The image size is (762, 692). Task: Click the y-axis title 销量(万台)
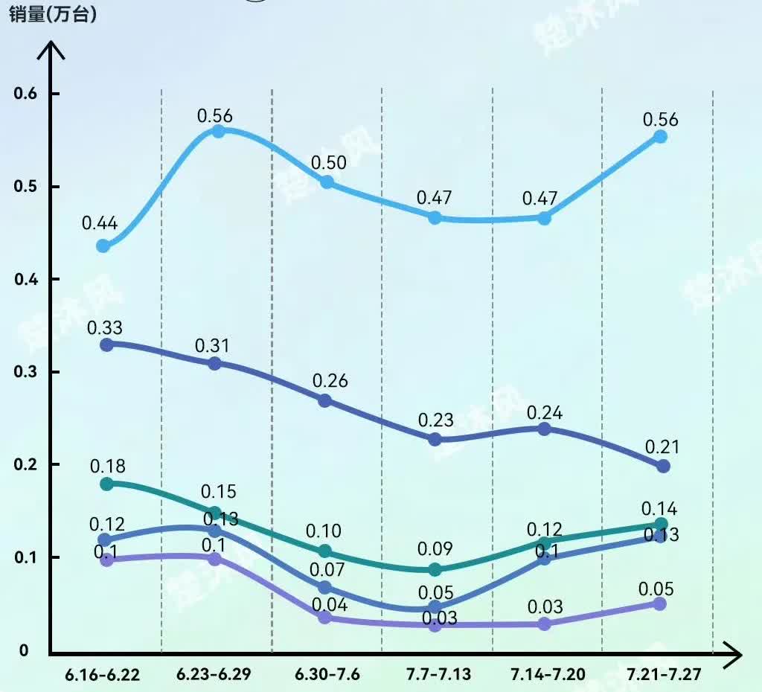pos(54,16)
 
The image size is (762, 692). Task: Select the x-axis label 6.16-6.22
pos(103,675)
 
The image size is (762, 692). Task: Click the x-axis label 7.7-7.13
pos(438,675)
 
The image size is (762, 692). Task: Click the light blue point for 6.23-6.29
pos(219,132)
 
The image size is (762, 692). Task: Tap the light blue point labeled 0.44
pos(103,246)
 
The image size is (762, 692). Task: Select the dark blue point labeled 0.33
pos(106,345)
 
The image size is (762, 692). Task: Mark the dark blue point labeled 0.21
pos(663,466)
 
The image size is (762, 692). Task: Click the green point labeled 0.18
pos(106,484)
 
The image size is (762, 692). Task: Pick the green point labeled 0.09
pos(435,570)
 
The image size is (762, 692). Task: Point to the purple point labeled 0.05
pos(659,603)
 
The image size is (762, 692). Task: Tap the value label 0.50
pos(328,162)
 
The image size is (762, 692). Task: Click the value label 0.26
pos(330,381)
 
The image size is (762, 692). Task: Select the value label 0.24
pos(545,413)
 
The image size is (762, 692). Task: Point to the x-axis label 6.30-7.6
pos(327,675)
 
